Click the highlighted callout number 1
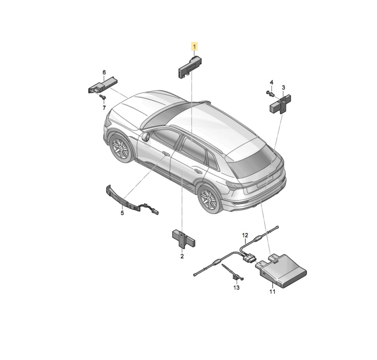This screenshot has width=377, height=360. point(194,46)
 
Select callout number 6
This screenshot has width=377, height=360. point(104,73)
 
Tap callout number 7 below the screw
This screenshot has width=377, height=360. point(104,108)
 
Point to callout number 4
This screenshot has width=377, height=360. point(272,82)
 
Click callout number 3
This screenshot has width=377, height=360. point(283,87)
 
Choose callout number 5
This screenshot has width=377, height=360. point(122,213)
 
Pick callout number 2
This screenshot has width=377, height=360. point(182,256)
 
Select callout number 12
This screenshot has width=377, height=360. point(245,235)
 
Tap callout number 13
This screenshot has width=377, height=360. point(236,287)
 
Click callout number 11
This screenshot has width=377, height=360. point(272,292)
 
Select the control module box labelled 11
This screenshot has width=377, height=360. point(281,270)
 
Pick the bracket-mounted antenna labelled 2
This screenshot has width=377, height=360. point(183,238)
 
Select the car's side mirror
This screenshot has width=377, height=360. point(145,136)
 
